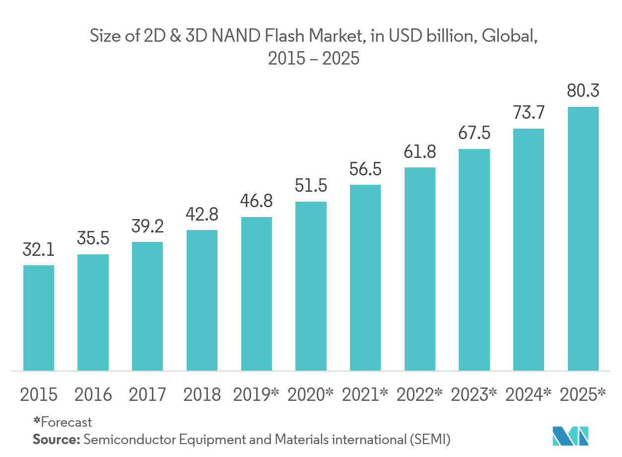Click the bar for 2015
[39, 318]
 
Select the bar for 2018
[202, 300]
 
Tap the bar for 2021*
[365, 278]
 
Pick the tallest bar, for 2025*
[583, 238]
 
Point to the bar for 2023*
[474, 260]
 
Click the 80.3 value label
[583, 91]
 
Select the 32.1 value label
[39, 250]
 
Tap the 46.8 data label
[257, 202]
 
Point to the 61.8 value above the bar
[420, 152]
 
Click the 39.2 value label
[147, 227]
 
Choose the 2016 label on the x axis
[93, 395]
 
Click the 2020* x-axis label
[311, 395]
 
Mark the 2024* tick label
[529, 395]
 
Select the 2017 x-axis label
[147, 395]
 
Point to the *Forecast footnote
[63, 422]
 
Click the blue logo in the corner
[570, 436]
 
